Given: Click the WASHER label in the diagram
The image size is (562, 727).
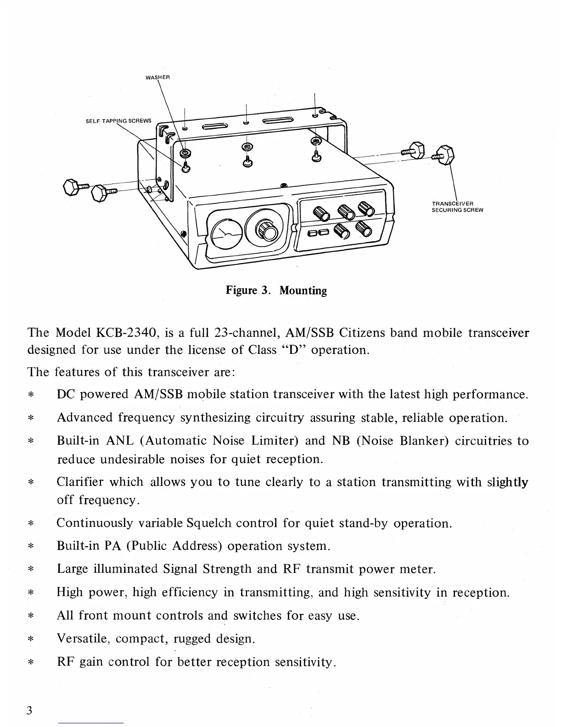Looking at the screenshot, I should point(158,77).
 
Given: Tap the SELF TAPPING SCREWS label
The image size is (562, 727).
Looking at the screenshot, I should point(118,121).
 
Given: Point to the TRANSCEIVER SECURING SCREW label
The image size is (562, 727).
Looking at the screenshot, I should point(457,207).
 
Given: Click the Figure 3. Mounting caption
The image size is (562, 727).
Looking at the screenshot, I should point(276,291).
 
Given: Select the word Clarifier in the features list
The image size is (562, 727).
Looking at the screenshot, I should point(79,482).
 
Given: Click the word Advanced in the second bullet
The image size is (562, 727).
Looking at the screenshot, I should point(84,418).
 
